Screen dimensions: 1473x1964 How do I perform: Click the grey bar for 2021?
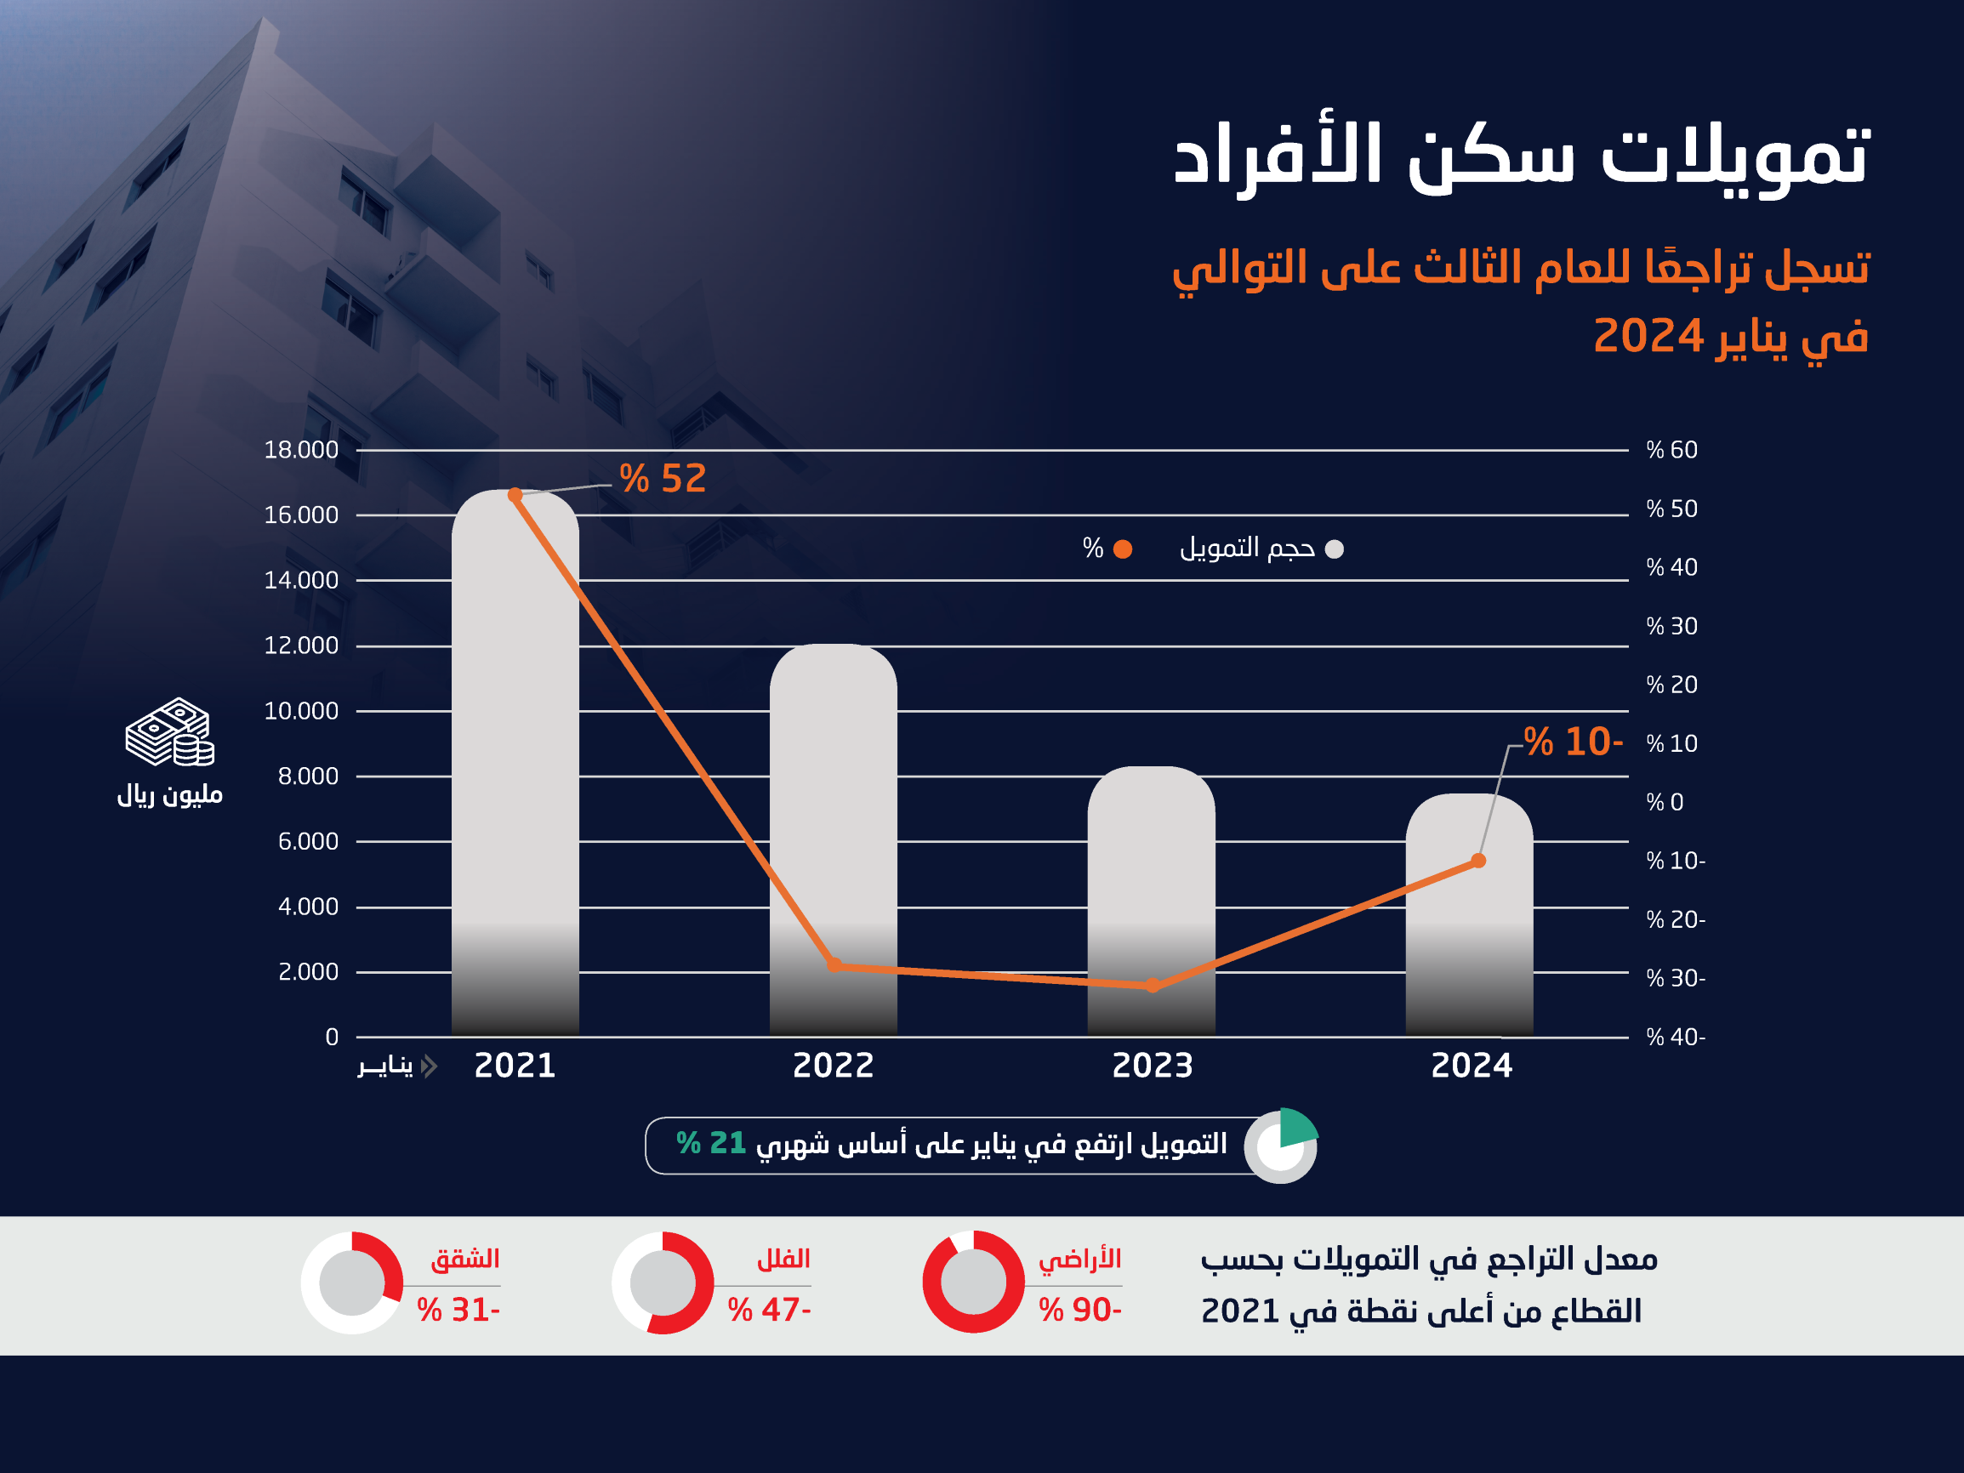(515, 764)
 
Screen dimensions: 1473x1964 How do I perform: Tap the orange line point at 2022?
(834, 965)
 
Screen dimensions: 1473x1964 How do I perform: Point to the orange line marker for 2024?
(1478, 861)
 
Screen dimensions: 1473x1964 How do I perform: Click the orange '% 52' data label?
(663, 479)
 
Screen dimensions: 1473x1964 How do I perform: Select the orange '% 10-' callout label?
(1573, 742)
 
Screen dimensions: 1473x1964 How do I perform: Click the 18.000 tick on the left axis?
(301, 450)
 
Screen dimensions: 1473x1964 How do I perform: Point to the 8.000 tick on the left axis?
(307, 776)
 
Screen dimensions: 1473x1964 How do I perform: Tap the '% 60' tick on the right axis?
(1671, 450)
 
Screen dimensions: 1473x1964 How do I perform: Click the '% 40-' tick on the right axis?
(1675, 1037)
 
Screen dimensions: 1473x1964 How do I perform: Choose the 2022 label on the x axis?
(833, 1066)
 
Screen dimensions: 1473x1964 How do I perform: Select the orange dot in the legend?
(1122, 549)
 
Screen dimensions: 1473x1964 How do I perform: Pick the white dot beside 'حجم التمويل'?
(1334, 549)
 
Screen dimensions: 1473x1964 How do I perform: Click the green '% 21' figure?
(710, 1144)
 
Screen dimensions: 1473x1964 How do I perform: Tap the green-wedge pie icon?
(1280, 1146)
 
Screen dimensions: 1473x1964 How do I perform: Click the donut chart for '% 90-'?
(973, 1282)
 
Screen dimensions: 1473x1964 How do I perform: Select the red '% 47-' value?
(769, 1310)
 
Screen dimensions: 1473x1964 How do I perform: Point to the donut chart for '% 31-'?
(351, 1282)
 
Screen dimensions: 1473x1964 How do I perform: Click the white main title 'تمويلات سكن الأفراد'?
(1522, 157)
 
